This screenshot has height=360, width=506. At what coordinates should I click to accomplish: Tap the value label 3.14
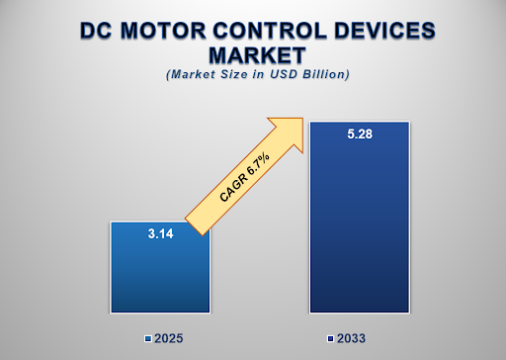click(x=159, y=233)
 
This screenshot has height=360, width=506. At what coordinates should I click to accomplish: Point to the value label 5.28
click(x=359, y=135)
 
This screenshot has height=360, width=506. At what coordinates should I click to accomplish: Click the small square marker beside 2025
click(x=147, y=339)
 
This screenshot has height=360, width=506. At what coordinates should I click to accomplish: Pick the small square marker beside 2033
click(x=331, y=339)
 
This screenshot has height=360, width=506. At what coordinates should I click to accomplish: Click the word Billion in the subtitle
click(x=325, y=75)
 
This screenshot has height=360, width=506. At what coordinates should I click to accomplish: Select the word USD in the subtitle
click(x=287, y=75)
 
